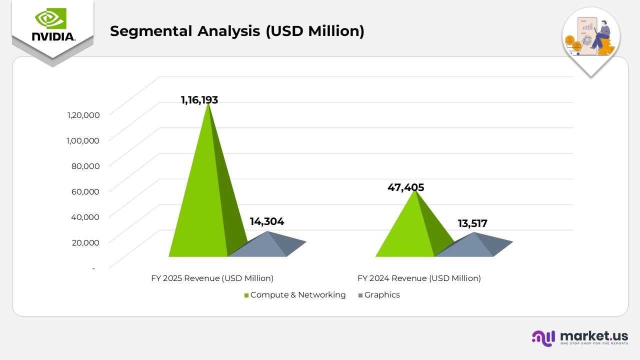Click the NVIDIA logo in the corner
click(52, 25)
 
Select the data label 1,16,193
click(199, 100)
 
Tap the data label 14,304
click(267, 221)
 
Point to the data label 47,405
click(405, 187)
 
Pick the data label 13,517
click(472, 223)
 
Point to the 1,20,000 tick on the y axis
click(83, 115)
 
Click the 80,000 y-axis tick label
click(85, 166)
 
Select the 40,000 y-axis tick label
click(85, 216)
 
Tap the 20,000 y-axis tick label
click(85, 242)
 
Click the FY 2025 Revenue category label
click(212, 278)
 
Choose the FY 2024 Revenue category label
click(419, 278)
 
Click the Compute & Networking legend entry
click(295, 295)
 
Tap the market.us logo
click(579, 337)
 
